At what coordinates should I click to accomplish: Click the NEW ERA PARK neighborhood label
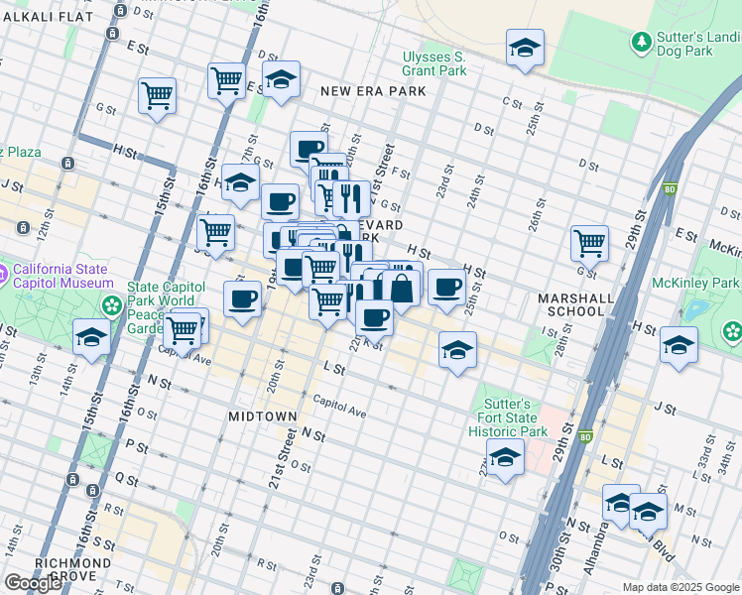(373, 91)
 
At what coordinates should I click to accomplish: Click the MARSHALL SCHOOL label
(570, 304)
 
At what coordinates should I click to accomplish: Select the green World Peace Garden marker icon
(114, 303)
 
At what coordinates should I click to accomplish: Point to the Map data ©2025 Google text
(680, 587)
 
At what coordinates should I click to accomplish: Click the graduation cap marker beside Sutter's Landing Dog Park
(525, 48)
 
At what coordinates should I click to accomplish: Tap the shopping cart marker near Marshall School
(589, 241)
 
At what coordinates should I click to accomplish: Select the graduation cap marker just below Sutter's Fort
(505, 457)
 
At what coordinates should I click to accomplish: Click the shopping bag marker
(402, 288)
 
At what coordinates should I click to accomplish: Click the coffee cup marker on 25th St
(446, 287)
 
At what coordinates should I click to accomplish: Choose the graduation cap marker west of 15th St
(91, 337)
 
